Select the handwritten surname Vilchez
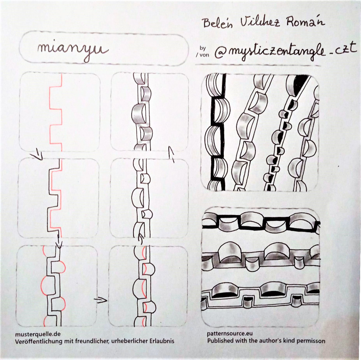click(260, 22)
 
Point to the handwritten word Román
click(305, 21)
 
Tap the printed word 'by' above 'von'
click(203, 48)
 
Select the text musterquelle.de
click(38, 334)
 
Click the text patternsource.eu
click(230, 333)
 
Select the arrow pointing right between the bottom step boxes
click(101, 300)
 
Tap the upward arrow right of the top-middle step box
click(171, 154)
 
